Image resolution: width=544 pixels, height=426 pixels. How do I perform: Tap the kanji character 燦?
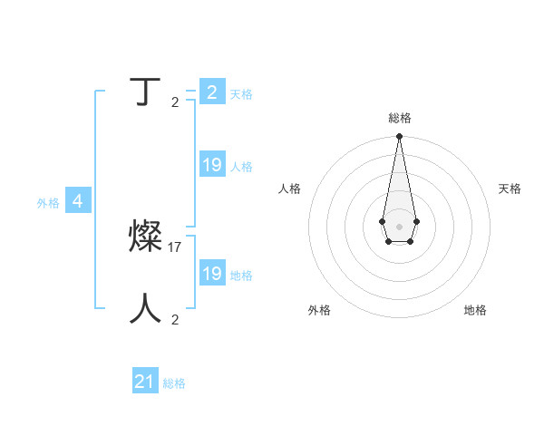pos(146,237)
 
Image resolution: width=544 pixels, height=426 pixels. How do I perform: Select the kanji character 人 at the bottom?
pos(146,309)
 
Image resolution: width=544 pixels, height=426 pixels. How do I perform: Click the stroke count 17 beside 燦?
pos(176,247)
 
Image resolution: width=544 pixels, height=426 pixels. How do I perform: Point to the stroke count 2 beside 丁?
pos(175,102)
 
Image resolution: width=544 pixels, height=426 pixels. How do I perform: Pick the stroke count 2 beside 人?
pos(175,319)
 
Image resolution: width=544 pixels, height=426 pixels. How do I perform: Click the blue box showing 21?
pos(145,382)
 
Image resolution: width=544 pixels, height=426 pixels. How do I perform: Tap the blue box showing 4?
pos(78,201)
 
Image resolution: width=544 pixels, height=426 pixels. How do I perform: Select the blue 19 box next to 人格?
pos(212,165)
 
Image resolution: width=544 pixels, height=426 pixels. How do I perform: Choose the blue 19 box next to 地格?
pos(212,273)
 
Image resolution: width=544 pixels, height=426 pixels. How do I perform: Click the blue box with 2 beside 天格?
pos(212,92)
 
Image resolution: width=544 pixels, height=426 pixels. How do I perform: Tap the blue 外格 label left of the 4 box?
pos(48,203)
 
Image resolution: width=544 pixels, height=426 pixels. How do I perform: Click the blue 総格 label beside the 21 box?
pos(174,383)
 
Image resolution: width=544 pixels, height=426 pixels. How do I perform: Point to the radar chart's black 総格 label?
pos(400,118)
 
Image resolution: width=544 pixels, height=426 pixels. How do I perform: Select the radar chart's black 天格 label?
pos(510,189)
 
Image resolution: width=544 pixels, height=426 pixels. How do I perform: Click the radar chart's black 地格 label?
pos(475,310)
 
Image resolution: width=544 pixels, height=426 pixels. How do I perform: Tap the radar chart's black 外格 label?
pos(319,310)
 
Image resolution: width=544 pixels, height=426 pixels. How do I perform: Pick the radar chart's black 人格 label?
pos(289,189)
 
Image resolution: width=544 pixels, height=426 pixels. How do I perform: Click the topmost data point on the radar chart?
pos(399,137)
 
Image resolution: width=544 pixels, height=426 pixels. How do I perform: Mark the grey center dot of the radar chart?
pos(399,226)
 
